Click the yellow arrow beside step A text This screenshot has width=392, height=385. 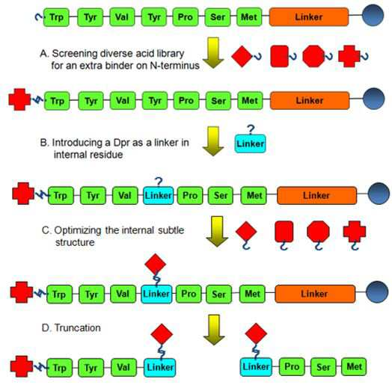click(213, 53)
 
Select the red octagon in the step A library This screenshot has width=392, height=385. click(313, 56)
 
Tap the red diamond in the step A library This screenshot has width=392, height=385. click(242, 57)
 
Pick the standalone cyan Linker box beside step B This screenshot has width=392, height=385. click(250, 144)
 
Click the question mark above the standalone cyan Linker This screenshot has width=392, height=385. click(251, 129)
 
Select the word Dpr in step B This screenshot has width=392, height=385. click(120, 143)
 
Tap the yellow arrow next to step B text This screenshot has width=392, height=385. click(213, 141)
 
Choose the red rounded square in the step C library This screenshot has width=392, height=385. click(284, 231)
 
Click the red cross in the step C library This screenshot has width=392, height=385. click(355, 232)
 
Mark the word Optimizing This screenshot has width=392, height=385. click(78, 230)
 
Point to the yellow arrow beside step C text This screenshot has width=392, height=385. click(217, 231)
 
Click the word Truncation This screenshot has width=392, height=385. click(78, 327)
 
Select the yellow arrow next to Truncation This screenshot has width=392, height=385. click(214, 330)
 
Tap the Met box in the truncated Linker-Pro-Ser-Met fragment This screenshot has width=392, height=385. click(354, 366)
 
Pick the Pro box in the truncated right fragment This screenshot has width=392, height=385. click(292, 367)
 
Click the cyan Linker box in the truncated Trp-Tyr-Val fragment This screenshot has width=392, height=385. click(160, 367)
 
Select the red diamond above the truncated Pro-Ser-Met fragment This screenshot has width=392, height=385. click(256, 333)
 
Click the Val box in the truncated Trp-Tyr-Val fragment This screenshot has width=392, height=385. click(123, 367)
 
